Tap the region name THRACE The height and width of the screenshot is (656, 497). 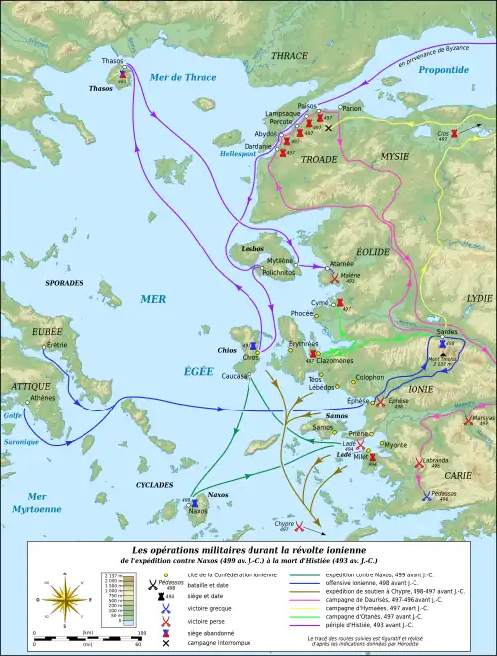tap(289, 56)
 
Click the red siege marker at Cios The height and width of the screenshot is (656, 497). tap(454, 132)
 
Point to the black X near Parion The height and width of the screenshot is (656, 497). tap(329, 126)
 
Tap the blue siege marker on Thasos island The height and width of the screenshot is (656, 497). tap(122, 74)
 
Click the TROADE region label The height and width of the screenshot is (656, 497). tap(319, 159)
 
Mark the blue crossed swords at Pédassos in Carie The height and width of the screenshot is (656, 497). tap(426, 495)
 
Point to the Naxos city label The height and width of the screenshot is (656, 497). tap(198, 511)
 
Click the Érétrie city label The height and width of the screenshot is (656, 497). tap(57, 344)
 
